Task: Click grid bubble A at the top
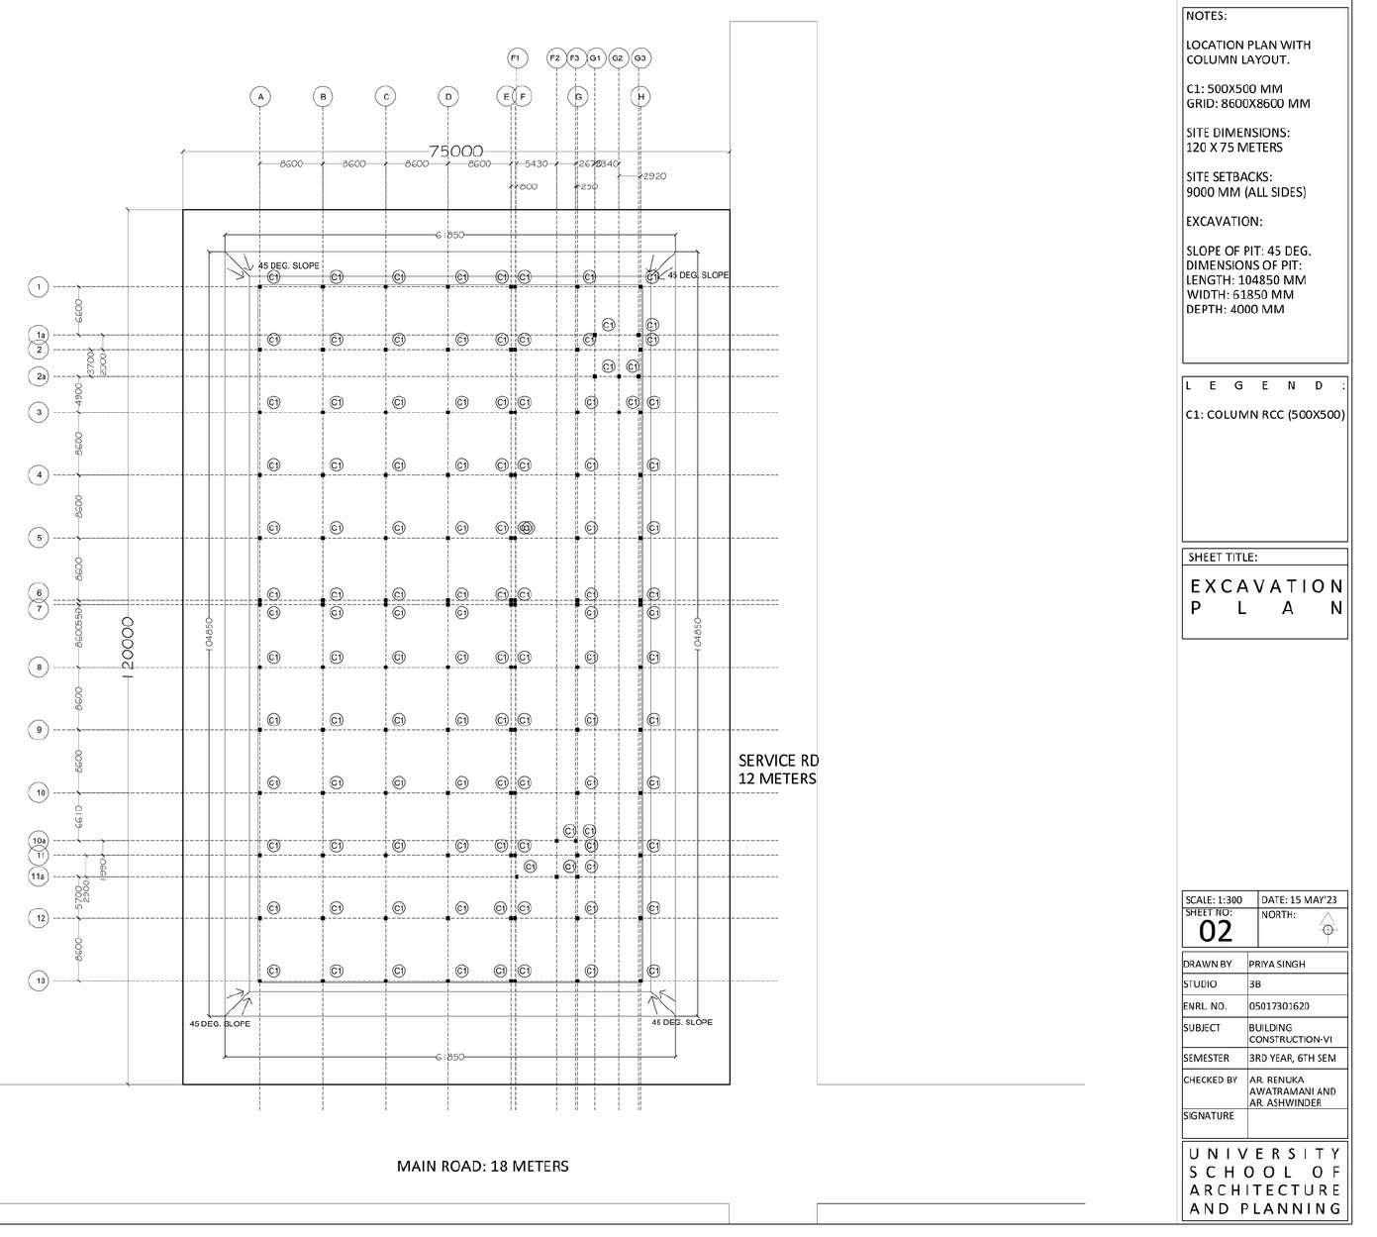point(259,96)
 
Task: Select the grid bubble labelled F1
point(516,58)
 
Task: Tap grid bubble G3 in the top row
point(640,58)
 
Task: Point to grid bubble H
point(641,96)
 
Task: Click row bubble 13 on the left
point(40,980)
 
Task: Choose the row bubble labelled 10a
point(39,841)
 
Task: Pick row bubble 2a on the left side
point(40,376)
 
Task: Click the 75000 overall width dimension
point(455,151)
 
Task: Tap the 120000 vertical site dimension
point(127,644)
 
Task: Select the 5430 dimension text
point(536,163)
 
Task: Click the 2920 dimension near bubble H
point(654,176)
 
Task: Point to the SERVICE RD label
point(778,761)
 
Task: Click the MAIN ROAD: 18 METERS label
point(482,1166)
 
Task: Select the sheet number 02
point(1216,931)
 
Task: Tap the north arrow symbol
point(1328,925)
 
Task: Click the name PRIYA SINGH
point(1277,964)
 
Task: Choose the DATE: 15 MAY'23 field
point(1300,899)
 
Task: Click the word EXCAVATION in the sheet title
point(1266,586)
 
